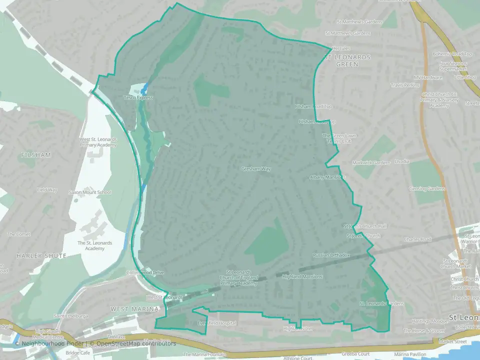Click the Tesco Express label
pyautogui.click(x=138, y=97)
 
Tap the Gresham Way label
pyautogui.click(x=255, y=169)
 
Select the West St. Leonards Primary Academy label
pyautogui.click(x=98, y=142)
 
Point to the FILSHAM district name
pyautogui.click(x=36, y=155)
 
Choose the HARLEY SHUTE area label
pyautogui.click(x=41, y=255)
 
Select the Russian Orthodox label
pyautogui.click(x=331, y=255)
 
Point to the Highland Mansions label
pyautogui.click(x=302, y=276)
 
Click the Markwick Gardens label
pyautogui.click(x=371, y=163)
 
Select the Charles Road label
pyautogui.click(x=418, y=239)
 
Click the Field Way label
pyautogui.click(x=47, y=190)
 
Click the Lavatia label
pyautogui.click(x=402, y=161)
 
